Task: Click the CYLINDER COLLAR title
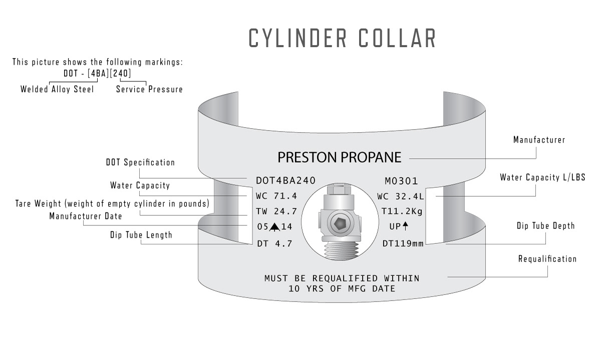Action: click(x=343, y=39)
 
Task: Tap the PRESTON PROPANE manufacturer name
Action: click(x=340, y=158)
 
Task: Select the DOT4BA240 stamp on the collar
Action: click(x=285, y=181)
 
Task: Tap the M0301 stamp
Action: click(x=401, y=181)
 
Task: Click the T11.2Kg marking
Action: click(x=402, y=211)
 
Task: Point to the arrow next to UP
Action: click(x=405, y=226)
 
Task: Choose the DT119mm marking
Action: click(x=402, y=243)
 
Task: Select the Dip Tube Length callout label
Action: click(x=141, y=235)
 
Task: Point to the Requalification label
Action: click(x=547, y=259)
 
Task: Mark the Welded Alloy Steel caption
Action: click(x=57, y=90)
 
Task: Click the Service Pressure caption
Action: click(x=149, y=90)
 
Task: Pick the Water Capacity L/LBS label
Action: click(x=542, y=177)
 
